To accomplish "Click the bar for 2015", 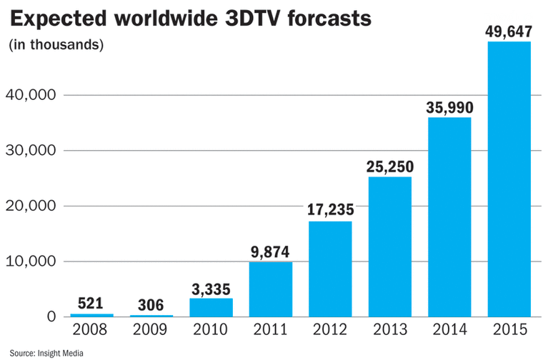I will [509, 179].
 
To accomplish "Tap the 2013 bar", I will [390, 246].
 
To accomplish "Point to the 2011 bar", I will [271, 289].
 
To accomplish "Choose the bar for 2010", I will [211, 307].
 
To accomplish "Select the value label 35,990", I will [449, 105].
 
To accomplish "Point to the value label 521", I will [91, 303].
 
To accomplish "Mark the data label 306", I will [151, 304].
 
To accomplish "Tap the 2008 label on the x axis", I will [91, 330].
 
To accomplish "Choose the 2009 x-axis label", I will [151, 330].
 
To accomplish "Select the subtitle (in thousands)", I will [56, 45].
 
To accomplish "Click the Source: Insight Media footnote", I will [46, 352].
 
